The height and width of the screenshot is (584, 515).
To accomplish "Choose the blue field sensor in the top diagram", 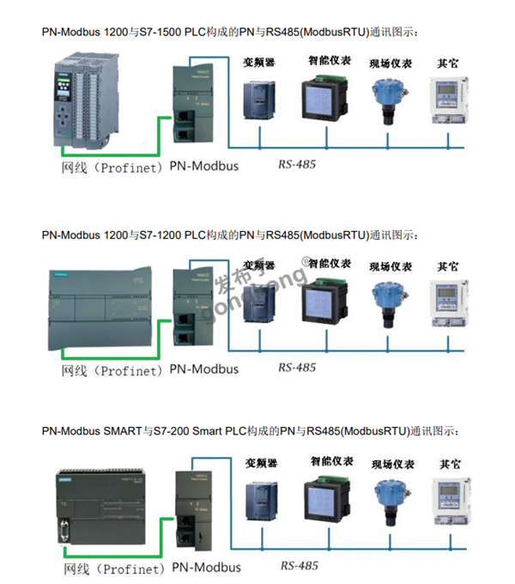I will (385, 98).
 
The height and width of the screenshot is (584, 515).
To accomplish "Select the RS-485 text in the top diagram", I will (297, 163).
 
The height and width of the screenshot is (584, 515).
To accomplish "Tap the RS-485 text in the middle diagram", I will (297, 368).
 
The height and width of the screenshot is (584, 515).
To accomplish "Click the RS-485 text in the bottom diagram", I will (299, 566).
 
